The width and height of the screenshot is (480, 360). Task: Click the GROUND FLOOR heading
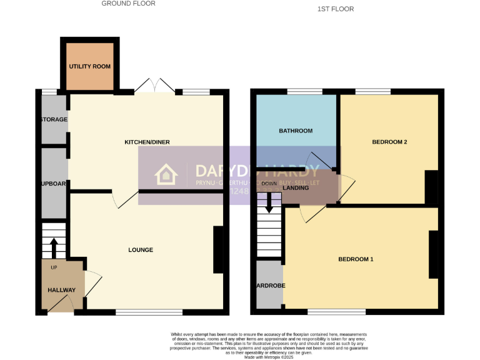[128, 4]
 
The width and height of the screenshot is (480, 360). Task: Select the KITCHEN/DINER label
[147, 142]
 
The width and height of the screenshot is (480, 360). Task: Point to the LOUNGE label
[141, 250]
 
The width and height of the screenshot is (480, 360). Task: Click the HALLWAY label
[61, 290]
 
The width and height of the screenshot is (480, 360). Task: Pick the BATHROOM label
[295, 131]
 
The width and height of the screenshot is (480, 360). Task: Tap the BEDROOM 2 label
[389, 142]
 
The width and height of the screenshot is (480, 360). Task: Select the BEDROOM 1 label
[356, 259]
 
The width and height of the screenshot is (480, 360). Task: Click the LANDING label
[296, 187]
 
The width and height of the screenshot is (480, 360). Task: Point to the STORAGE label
[54, 119]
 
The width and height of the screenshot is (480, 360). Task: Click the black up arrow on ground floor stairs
[53, 247]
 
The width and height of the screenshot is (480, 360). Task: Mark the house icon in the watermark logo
[166, 175]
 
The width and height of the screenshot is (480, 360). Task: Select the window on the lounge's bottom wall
[149, 311]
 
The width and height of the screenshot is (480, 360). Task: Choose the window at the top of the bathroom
[305, 92]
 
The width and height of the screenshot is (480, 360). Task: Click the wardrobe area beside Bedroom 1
[269, 285]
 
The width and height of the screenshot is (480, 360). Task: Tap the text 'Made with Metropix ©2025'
[269, 356]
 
